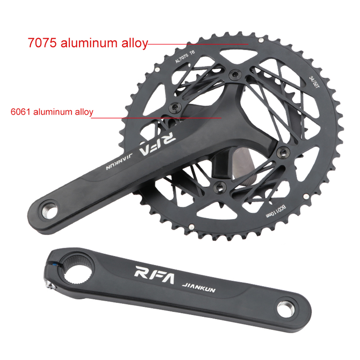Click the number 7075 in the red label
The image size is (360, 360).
42,43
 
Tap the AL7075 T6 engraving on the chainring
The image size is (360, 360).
185,56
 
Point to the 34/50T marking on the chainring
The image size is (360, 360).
314,82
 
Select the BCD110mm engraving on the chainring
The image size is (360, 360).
276,212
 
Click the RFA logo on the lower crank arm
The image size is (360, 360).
154,275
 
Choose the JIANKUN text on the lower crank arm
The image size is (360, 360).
199,287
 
